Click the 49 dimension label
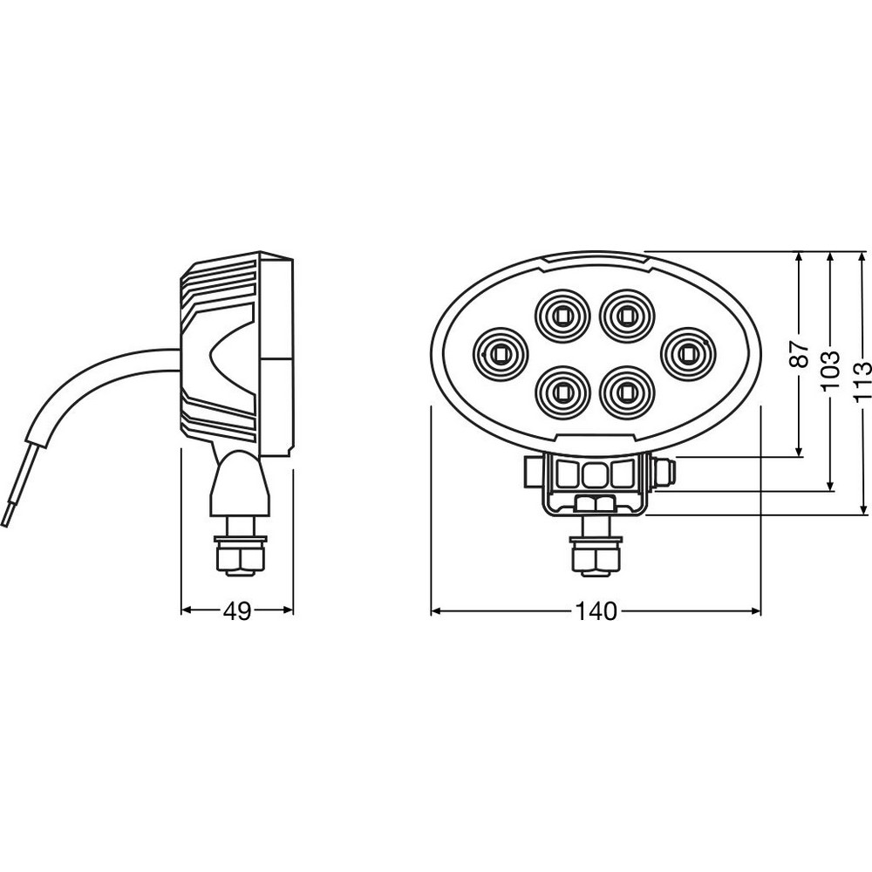click(237, 612)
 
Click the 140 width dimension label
click(596, 612)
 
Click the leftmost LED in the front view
click(500, 354)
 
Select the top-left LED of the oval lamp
click(562, 317)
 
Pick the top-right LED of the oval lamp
click(627, 317)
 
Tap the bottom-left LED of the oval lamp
click(562, 392)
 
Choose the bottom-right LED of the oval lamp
click(627, 392)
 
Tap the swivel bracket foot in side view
click(239, 483)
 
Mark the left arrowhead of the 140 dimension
click(437, 612)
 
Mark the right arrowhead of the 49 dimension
click(288, 610)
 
